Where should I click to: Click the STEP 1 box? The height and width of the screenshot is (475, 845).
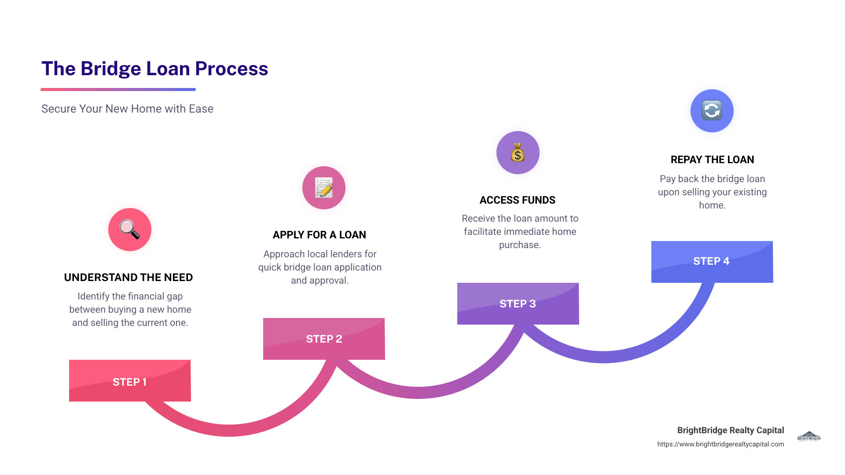point(130,381)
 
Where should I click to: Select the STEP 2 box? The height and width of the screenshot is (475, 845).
point(324,339)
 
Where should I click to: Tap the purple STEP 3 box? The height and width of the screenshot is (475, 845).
point(518,303)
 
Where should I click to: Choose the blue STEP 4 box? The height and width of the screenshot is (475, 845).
point(712,261)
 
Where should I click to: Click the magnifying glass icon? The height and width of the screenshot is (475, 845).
point(130,230)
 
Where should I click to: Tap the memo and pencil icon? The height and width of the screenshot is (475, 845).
point(324,188)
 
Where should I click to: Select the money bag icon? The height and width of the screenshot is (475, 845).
point(518,153)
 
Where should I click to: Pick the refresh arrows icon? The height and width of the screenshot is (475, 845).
point(712,111)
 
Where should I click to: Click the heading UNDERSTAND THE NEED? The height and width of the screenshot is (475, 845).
point(129,278)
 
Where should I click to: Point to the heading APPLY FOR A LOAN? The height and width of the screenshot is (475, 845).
point(320,235)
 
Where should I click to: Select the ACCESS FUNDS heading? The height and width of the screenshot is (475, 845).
point(518,200)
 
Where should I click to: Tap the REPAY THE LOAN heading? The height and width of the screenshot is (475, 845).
point(712,160)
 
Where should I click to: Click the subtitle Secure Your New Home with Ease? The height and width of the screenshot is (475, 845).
point(127,109)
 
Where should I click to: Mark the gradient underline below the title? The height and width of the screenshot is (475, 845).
point(118,89)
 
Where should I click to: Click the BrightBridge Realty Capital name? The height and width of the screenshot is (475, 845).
point(731,430)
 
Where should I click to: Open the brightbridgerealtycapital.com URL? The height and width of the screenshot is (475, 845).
point(720,444)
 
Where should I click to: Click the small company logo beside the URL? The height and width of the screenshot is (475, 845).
point(809,436)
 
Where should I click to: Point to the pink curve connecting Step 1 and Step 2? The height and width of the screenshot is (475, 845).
point(229,430)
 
